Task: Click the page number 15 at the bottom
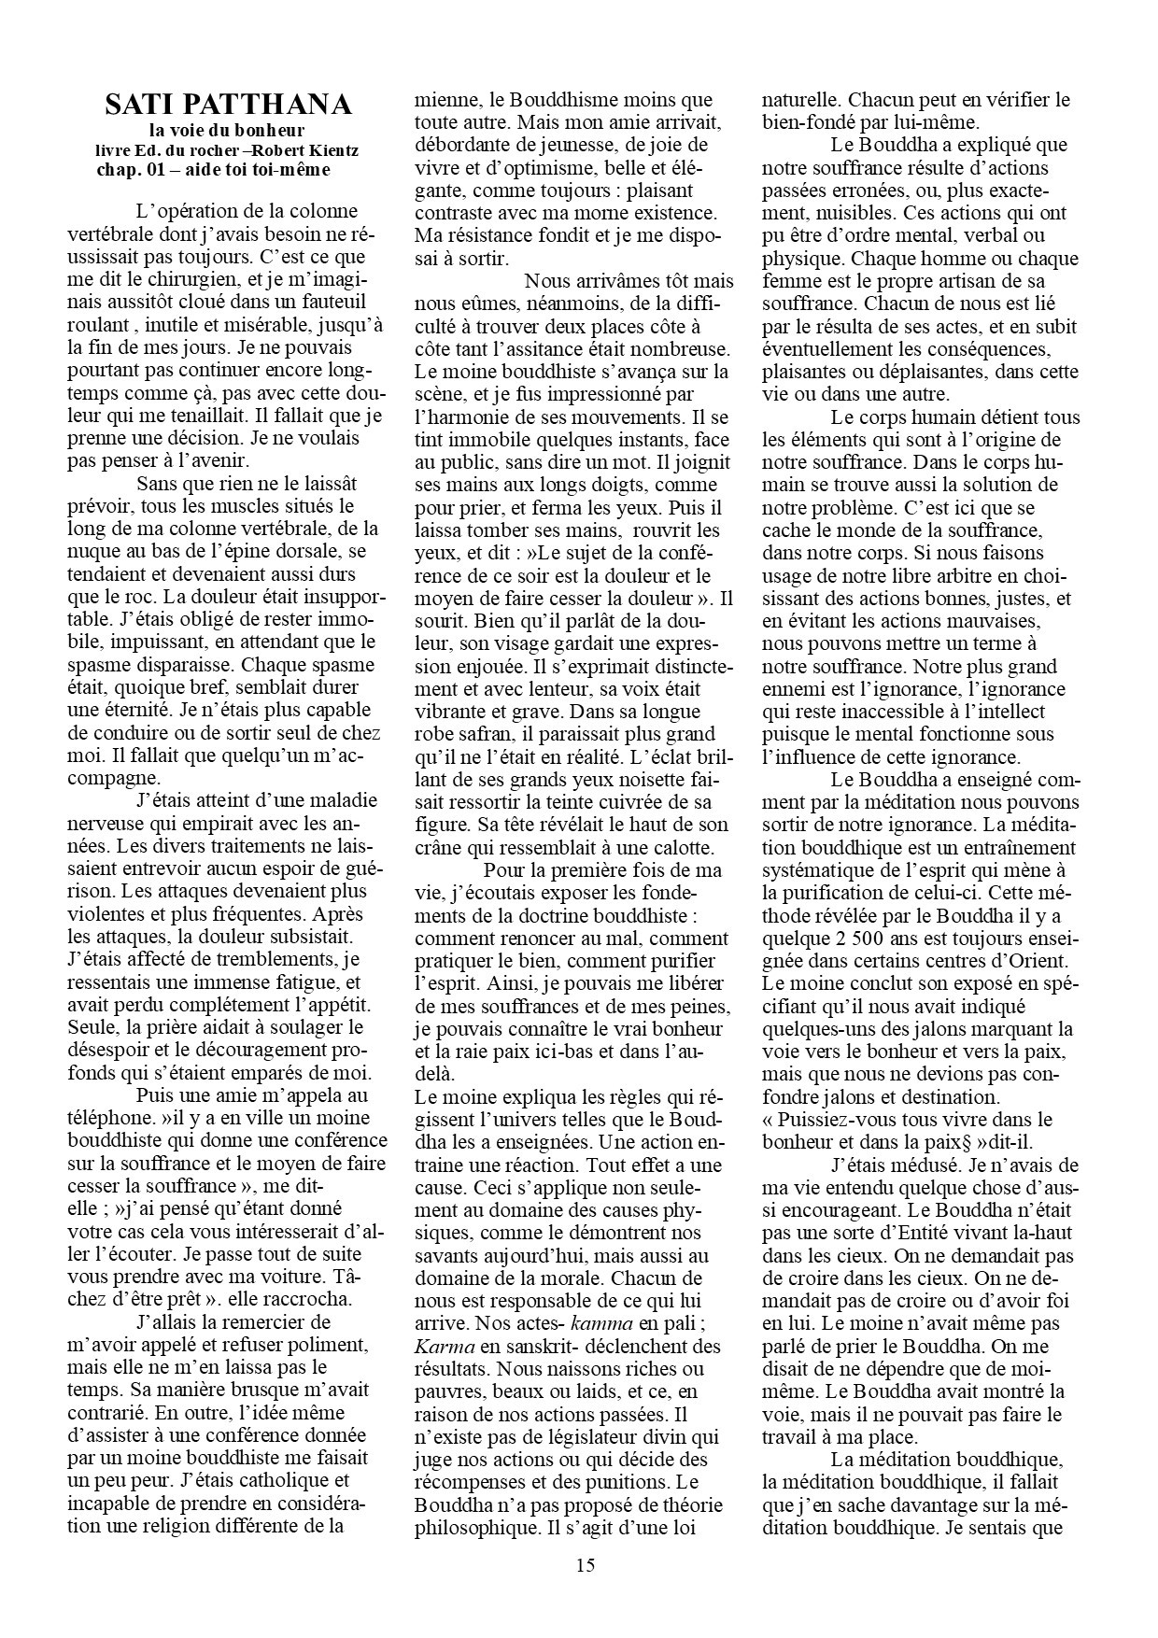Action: (x=585, y=1565)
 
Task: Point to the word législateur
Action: (x=569, y=1435)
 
